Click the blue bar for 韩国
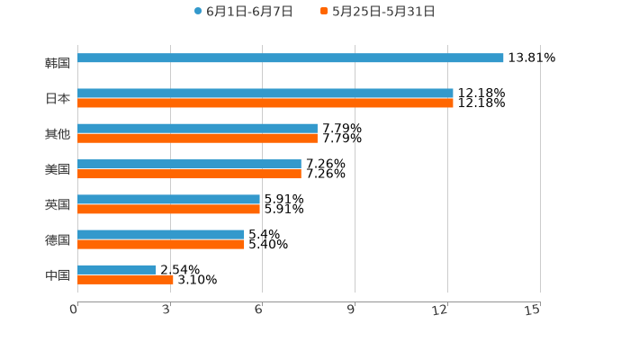pyautogui.click(x=290, y=58)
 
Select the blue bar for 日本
pyautogui.click(x=265, y=93)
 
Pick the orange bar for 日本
pyautogui.click(x=265, y=103)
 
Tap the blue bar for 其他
pyautogui.click(x=197, y=129)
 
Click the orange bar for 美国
pyautogui.click(x=189, y=174)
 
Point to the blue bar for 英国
pyautogui.click(x=168, y=199)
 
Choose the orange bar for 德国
pyautogui.click(x=160, y=244)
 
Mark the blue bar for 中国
pyautogui.click(x=116, y=269)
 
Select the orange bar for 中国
pyautogui.click(x=125, y=280)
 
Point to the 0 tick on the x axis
pyautogui.click(x=74, y=310)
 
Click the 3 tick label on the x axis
pyautogui.click(x=166, y=310)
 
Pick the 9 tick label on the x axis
pyautogui.click(x=351, y=310)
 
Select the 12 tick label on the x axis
pyautogui.click(x=440, y=310)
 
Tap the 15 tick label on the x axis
pyautogui.click(x=532, y=310)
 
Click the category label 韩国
pyautogui.click(x=58, y=63)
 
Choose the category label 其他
pyautogui.click(x=58, y=134)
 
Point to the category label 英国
pyautogui.click(x=58, y=204)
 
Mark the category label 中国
pyautogui.click(x=58, y=274)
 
